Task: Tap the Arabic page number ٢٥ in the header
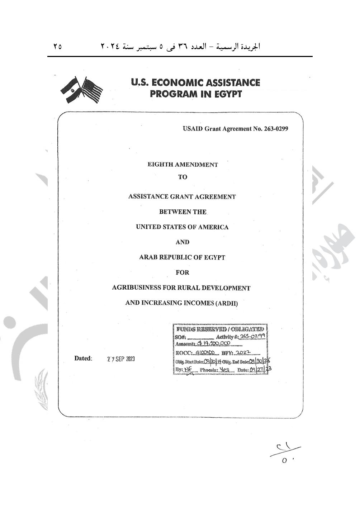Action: click(57, 47)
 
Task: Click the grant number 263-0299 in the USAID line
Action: click(276, 129)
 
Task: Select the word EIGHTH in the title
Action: click(160, 165)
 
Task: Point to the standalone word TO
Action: click(183, 177)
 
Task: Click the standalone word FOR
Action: click(182, 272)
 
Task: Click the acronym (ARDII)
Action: click(226, 303)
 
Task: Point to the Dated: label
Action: click(83, 359)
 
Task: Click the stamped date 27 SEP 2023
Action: click(121, 359)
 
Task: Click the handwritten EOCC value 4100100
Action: click(205, 352)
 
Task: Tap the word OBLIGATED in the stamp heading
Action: click(247, 329)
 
